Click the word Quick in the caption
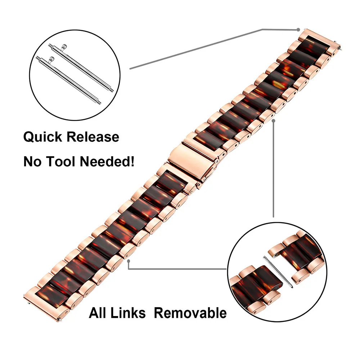[x=43, y=137]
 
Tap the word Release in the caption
[x=93, y=137]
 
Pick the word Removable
[x=190, y=313]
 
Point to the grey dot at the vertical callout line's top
[x=273, y=121]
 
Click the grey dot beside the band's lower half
[x=129, y=261]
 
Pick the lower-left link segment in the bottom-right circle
[x=255, y=287]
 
